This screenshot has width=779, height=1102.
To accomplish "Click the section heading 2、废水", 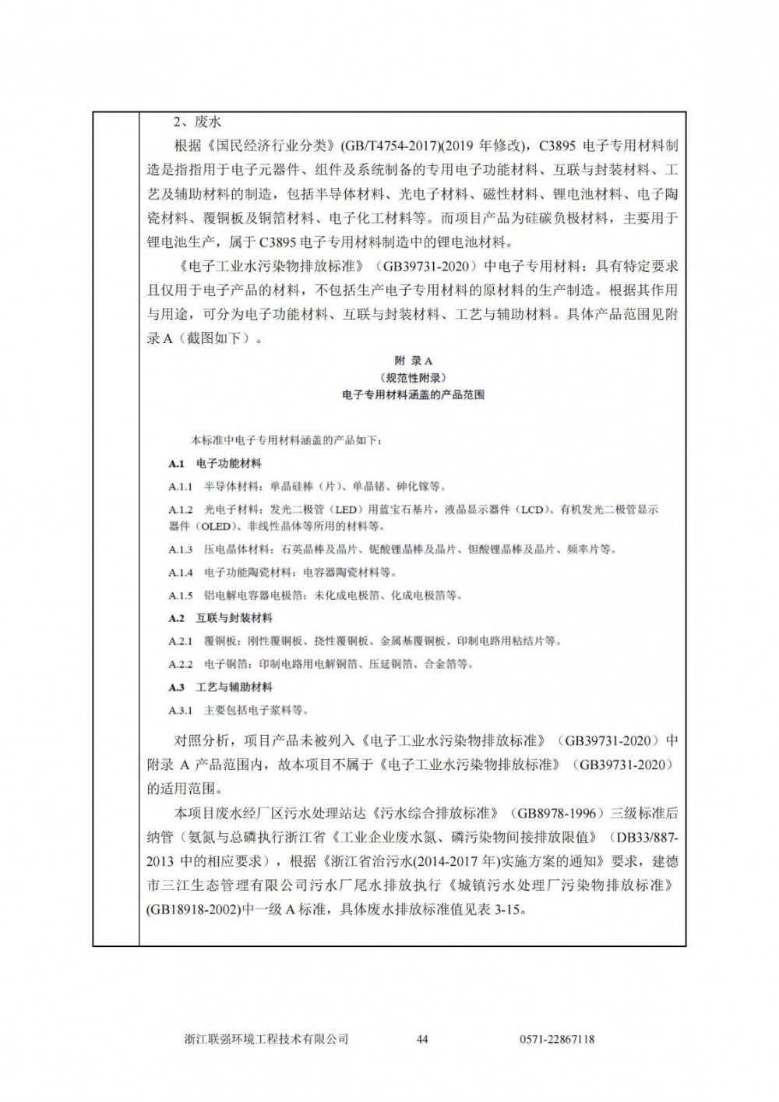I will [198, 122].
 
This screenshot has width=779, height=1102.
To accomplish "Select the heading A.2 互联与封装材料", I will [220, 619].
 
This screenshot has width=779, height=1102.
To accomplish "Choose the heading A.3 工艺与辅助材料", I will [220, 687].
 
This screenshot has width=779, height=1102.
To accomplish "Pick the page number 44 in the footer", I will [423, 1039].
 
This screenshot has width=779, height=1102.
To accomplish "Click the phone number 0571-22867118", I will [556, 1039].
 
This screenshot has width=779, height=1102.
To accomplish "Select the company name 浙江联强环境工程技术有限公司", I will [266, 1039].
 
